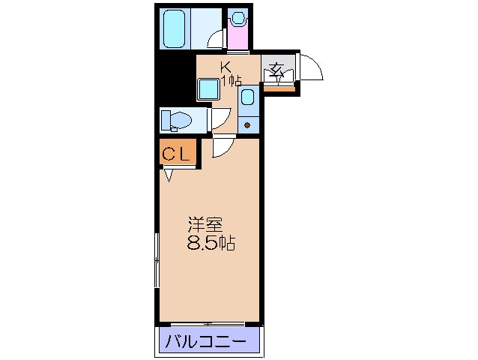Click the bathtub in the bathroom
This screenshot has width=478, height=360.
[x=174, y=29]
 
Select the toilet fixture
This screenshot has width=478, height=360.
[x=177, y=120]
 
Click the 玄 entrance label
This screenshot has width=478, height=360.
[x=276, y=72]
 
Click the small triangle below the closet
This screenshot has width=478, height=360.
[x=169, y=176]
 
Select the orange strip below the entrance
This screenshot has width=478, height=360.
[x=283, y=90]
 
